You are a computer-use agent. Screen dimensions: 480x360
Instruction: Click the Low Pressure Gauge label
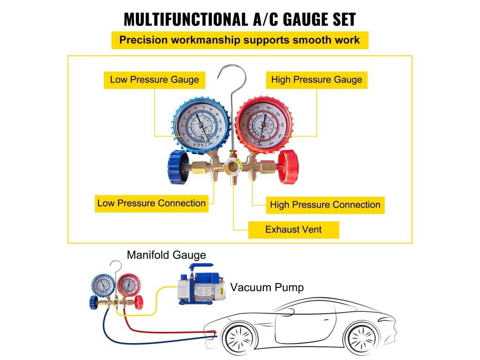(x=154, y=80)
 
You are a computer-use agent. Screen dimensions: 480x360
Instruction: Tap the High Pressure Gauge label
(x=316, y=80)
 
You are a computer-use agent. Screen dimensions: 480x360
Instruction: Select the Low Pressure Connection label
(x=151, y=203)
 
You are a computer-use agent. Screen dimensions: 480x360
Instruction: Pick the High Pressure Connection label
(x=325, y=205)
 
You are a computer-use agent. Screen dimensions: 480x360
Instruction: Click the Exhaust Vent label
(x=293, y=230)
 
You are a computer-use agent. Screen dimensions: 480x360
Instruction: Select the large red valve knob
(x=287, y=166)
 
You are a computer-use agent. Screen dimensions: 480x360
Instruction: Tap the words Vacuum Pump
(x=267, y=287)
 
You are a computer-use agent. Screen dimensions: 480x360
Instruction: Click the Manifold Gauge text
(x=166, y=255)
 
